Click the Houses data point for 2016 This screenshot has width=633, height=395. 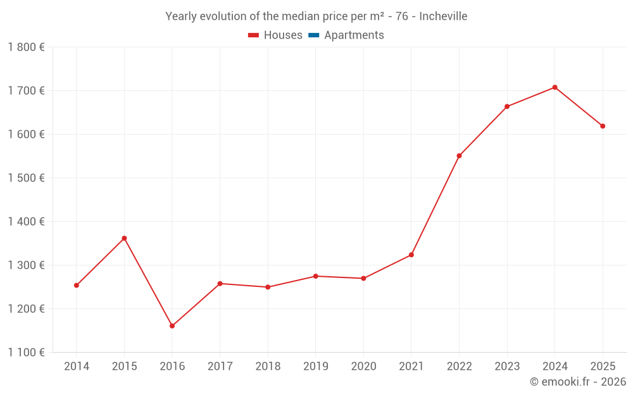tap(172, 326)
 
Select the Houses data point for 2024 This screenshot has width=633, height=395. tap(555, 87)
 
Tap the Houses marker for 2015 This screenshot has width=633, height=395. tap(124, 238)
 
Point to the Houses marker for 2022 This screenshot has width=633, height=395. tap(459, 155)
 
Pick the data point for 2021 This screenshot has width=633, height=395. tap(411, 255)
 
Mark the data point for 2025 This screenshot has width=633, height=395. tap(603, 126)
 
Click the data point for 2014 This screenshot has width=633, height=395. tap(77, 285)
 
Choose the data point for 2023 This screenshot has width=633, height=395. tap(507, 106)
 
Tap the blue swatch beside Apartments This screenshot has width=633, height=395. tap(313, 35)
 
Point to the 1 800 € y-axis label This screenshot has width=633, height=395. tap(27, 47)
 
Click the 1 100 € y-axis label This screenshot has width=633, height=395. tap(27, 353)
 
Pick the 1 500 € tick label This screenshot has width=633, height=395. tap(27, 178)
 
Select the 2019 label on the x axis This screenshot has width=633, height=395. tap(316, 367)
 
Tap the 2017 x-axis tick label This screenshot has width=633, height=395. tap(220, 367)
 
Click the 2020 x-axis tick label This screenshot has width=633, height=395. tap(363, 367)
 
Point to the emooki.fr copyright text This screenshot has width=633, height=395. tap(577, 382)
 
